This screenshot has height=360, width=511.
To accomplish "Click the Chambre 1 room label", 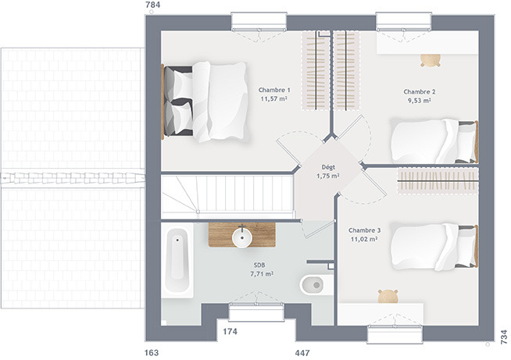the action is tap(274, 90).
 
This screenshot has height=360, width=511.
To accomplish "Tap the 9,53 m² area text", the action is tap(420, 101).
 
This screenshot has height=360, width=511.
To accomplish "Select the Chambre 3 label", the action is tap(364, 230).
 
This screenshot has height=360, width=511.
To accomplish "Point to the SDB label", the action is tap(259, 266).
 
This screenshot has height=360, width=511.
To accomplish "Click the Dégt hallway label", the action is tap(328, 167).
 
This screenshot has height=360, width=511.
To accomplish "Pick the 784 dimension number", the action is tap(153, 5).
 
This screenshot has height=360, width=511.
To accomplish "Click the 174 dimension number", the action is tap(230, 332).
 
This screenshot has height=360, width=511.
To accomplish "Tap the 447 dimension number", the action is tap(302, 352).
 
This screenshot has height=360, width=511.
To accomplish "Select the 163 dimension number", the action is tap(152, 352).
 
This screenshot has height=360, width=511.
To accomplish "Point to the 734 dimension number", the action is tap(504, 337).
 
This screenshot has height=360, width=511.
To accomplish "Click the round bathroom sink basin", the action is tap(242, 237).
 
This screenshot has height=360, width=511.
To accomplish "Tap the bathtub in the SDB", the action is tap(177, 260).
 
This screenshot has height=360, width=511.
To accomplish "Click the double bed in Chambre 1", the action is tap(205, 102).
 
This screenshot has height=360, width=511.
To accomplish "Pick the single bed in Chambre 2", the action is tap(434, 141).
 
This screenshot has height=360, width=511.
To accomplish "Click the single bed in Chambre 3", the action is tap(434, 247).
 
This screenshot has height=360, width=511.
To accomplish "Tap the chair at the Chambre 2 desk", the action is tap(431, 60).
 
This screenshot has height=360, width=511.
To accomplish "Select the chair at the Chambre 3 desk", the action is tap(388, 296).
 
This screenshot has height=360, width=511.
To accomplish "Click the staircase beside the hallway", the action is tap(227, 197).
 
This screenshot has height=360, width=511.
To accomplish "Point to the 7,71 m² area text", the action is tap(262, 274).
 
